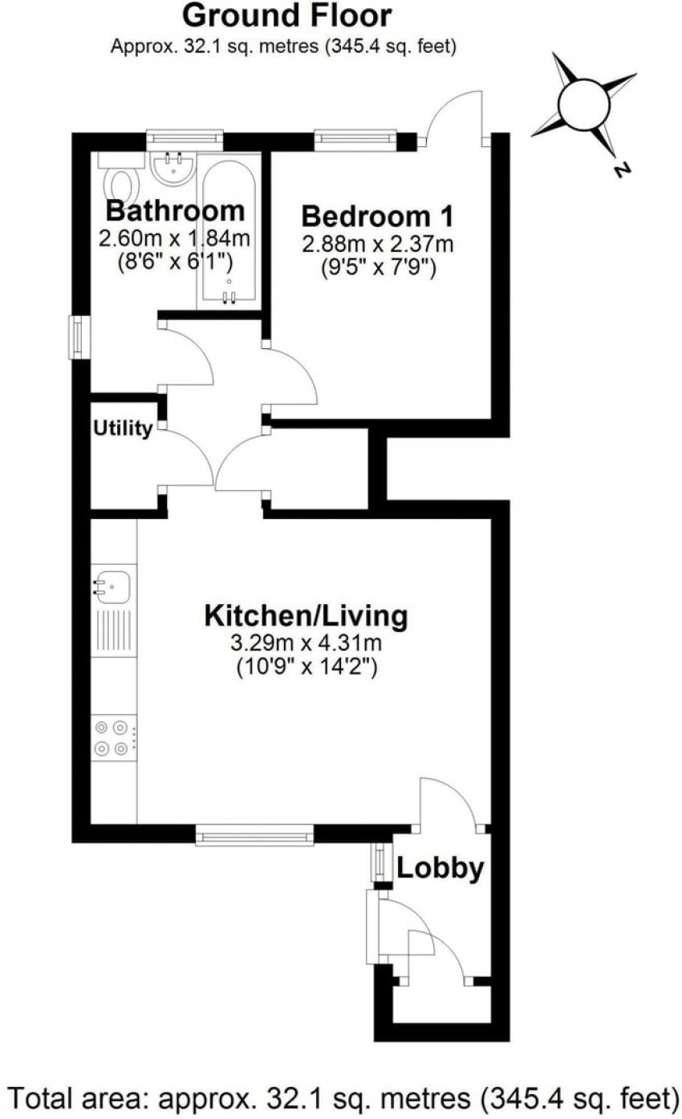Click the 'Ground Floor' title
(x=286, y=15)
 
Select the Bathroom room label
(x=176, y=211)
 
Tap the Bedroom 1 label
(x=377, y=217)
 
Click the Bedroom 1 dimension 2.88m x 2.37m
(x=377, y=245)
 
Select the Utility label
(x=123, y=428)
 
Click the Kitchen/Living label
(x=306, y=616)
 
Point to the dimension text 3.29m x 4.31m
(x=306, y=643)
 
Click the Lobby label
(x=440, y=869)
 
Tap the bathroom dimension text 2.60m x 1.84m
(x=174, y=239)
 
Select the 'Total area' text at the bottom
(x=341, y=1097)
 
